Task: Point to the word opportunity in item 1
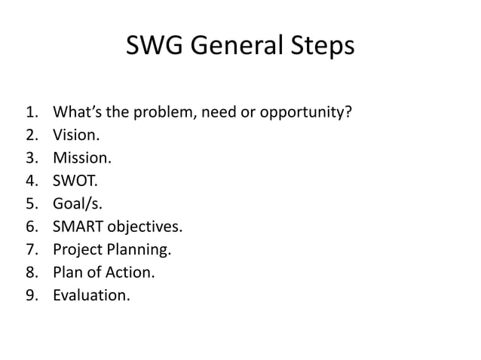click(305, 114)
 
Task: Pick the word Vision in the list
click(74, 136)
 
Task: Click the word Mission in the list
click(80, 159)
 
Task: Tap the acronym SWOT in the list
click(73, 182)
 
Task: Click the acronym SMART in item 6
click(78, 227)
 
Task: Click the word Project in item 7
click(76, 249)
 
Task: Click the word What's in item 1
click(75, 114)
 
